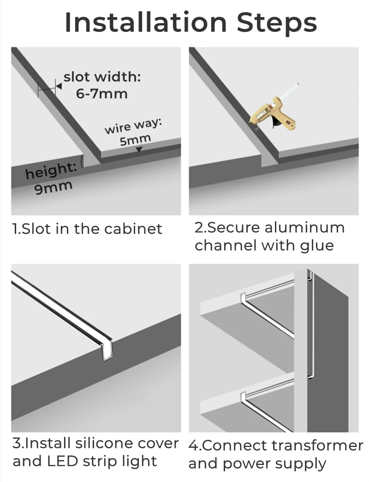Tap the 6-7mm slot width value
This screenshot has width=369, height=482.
[101, 94]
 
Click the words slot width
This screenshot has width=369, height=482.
[102, 76]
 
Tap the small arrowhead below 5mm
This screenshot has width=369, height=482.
[139, 150]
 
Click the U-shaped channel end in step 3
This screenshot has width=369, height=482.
[107, 352]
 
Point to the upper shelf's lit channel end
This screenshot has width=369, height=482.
[243, 298]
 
